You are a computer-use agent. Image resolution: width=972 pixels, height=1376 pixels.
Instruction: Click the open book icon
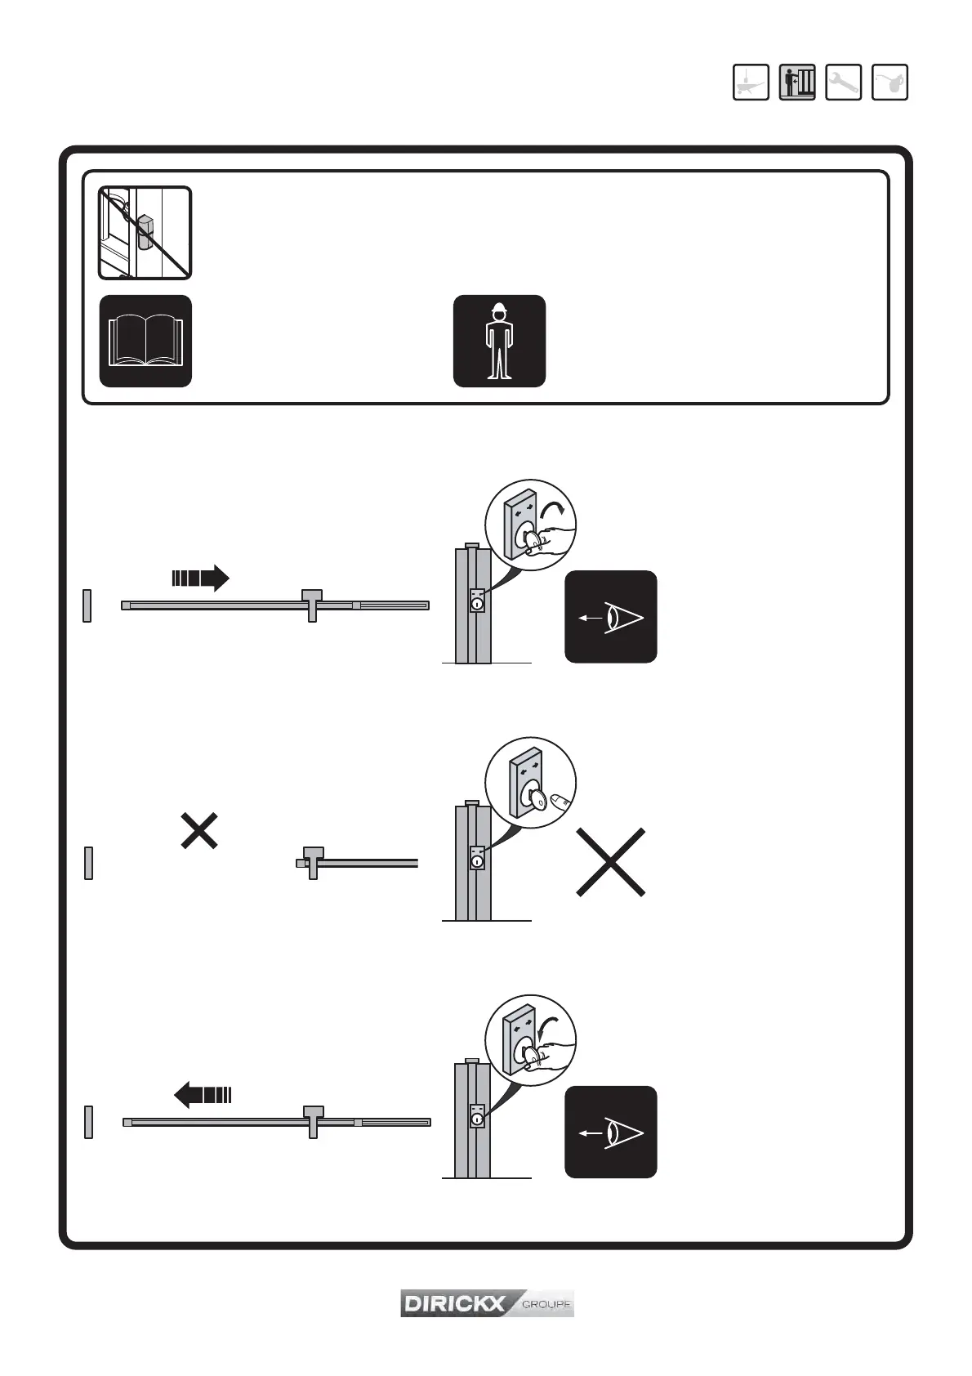145,341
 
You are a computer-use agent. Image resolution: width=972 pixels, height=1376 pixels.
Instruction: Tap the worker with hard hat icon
499,341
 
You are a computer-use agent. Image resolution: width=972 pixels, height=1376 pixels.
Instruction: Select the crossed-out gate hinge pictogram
145,233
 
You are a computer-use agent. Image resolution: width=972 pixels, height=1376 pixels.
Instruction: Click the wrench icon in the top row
843,82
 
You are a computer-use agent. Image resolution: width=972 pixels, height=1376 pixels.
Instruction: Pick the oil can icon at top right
890,82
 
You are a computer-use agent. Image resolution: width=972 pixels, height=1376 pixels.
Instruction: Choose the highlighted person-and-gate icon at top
796,82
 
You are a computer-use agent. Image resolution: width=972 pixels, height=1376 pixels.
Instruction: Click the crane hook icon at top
751,82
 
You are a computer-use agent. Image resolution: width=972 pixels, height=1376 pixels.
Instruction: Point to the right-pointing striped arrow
200,578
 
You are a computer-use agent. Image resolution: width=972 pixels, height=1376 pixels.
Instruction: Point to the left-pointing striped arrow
203,1094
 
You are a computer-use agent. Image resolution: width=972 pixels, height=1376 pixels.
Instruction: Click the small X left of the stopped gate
198,830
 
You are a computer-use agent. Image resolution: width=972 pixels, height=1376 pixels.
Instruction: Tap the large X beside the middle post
611,862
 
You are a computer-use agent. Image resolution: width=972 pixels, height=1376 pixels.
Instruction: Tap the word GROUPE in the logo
546,1304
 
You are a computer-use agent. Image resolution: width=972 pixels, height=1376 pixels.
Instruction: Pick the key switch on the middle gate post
477,858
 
